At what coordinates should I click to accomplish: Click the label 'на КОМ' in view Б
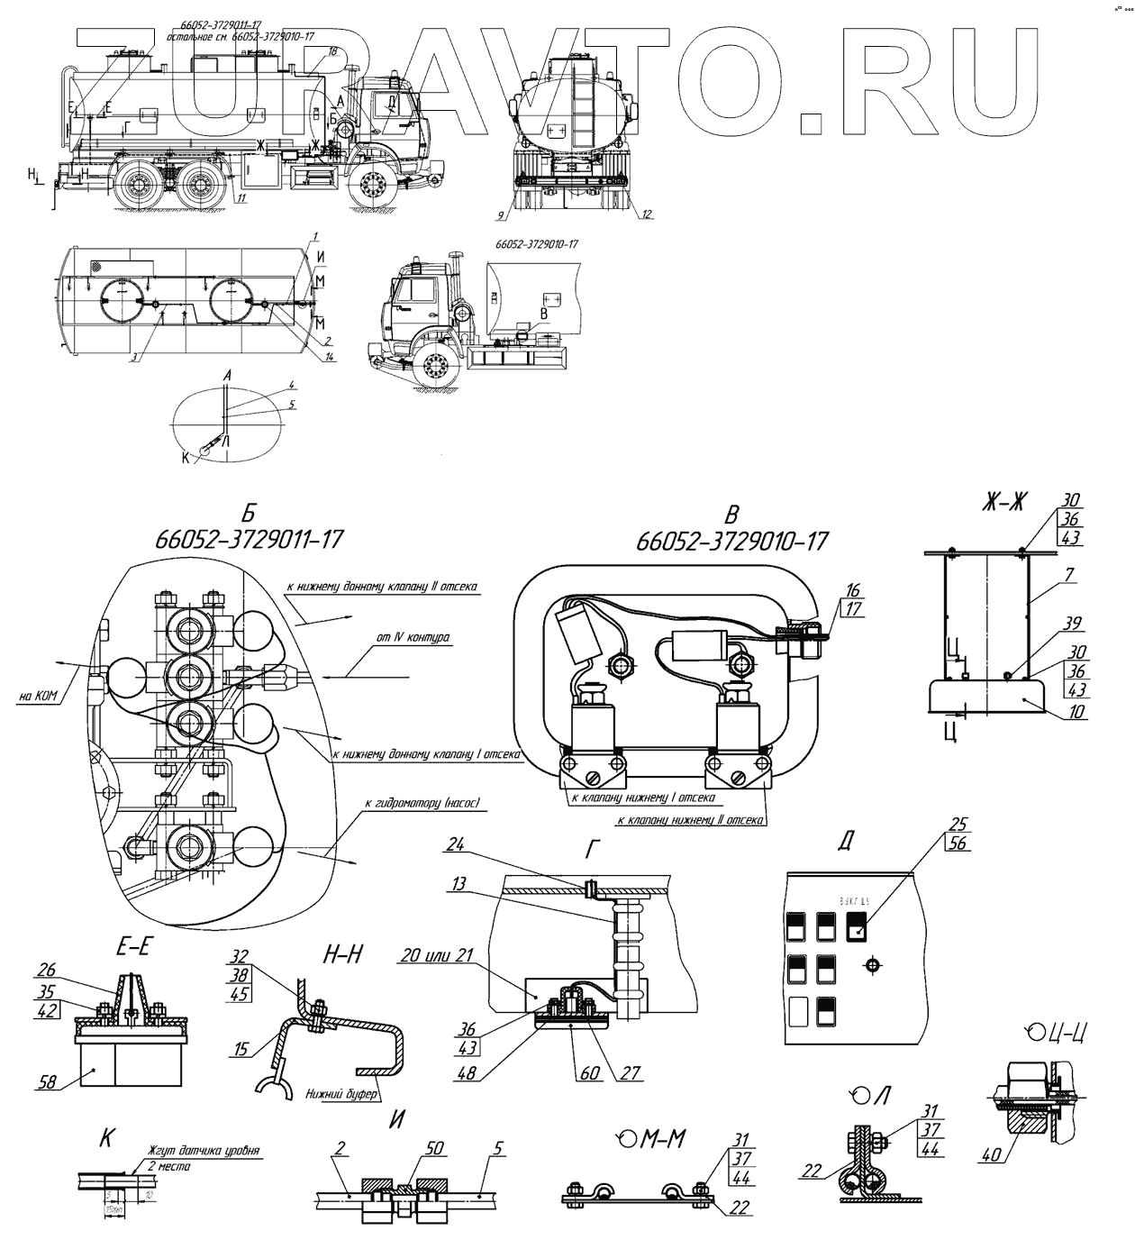click(x=38, y=695)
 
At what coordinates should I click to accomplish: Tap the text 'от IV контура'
click(x=413, y=637)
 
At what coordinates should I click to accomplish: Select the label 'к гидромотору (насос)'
click(x=422, y=802)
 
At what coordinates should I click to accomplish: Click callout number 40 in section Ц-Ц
click(x=991, y=1153)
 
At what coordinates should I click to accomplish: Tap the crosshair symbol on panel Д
click(x=871, y=965)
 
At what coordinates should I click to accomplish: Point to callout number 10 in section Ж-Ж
click(x=1077, y=711)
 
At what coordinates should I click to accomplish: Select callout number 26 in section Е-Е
click(x=46, y=971)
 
